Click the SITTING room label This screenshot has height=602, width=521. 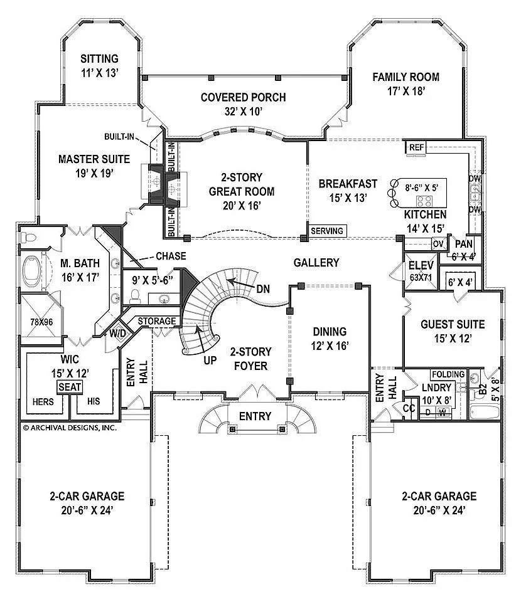[x=99, y=60]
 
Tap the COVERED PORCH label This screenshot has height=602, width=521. [x=243, y=97]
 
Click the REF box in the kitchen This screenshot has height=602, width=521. [x=417, y=147]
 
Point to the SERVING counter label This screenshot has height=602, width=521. [x=327, y=231]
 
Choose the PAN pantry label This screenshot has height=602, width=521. [x=463, y=244]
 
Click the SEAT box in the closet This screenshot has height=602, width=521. [x=70, y=387]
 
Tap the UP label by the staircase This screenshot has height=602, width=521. [x=210, y=361]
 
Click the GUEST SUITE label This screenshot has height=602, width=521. [x=452, y=324]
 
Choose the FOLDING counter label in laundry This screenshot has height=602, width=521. [x=448, y=374]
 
